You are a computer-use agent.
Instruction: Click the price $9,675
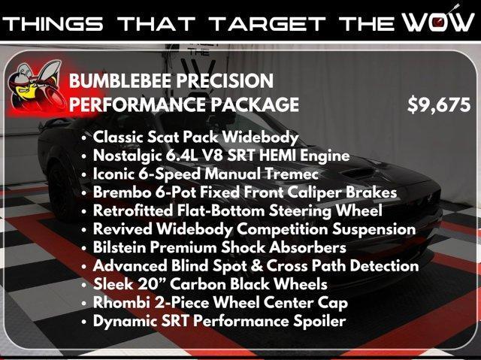click(439, 105)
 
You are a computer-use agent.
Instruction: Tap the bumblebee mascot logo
click(35, 86)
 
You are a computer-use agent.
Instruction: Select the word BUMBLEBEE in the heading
click(120, 81)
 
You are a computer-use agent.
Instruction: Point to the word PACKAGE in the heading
click(255, 104)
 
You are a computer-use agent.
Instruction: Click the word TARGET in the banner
click(268, 24)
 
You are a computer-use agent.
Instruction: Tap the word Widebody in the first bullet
click(261, 137)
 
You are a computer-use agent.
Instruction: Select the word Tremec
click(292, 174)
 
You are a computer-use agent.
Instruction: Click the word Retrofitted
click(133, 210)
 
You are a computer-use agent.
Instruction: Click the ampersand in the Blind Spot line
click(256, 266)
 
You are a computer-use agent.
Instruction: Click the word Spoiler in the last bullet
click(319, 322)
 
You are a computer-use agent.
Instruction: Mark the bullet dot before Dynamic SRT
click(84, 322)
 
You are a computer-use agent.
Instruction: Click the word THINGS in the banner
click(53, 24)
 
